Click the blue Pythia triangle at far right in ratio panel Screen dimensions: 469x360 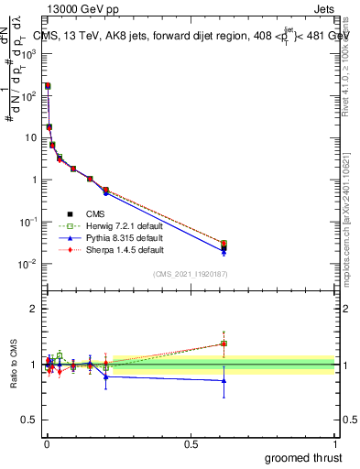tap(224, 380)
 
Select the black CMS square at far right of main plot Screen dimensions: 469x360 tap(224, 247)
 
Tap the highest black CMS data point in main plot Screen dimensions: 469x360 tap(48, 85)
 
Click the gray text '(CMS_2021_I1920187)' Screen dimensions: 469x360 tap(189, 273)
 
